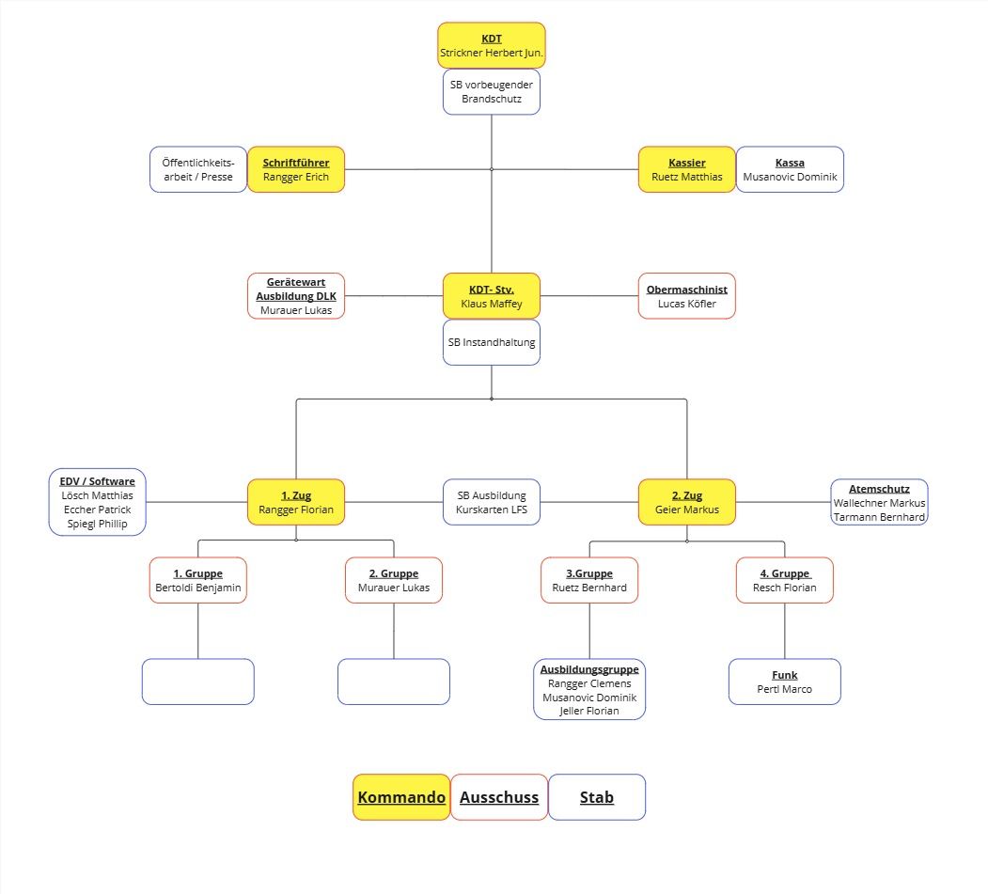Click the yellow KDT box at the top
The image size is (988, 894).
point(492,45)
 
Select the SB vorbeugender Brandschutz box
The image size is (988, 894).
point(492,92)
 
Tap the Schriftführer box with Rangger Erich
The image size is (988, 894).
point(296,169)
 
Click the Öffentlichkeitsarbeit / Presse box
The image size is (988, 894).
point(198,169)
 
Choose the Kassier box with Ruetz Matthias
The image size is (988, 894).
point(687,169)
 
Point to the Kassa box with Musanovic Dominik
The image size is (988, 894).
point(790,169)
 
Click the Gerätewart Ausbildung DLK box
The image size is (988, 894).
point(296,296)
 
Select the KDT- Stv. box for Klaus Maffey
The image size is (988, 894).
point(492,296)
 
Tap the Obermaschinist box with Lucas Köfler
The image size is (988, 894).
point(687,296)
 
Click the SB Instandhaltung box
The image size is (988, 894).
point(492,343)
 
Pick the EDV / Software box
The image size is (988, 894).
point(98,502)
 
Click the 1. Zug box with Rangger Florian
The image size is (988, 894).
point(296,502)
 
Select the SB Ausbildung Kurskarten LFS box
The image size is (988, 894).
point(492,502)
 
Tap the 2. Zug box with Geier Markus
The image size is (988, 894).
point(687,502)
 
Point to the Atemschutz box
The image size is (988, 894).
point(879,502)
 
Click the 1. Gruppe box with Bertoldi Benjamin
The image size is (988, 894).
point(198,580)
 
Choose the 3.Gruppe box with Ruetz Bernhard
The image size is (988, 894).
point(589,580)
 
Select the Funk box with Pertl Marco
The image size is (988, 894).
point(785,682)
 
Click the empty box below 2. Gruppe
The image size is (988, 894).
point(394,682)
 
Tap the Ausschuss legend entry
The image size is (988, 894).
point(499,797)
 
